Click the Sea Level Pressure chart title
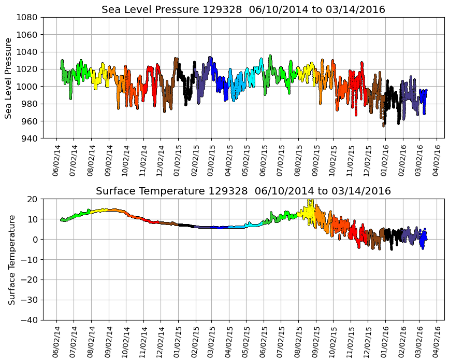point(243,10)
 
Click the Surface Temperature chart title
point(243,191)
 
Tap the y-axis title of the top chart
point(9,78)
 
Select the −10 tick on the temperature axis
point(30,259)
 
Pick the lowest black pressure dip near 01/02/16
point(384,124)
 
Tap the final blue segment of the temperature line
point(423,240)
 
